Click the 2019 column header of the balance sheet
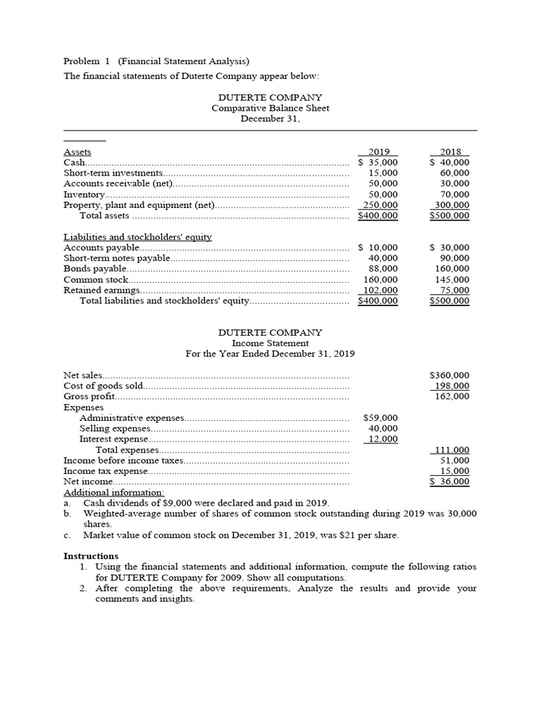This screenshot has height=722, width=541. (378, 152)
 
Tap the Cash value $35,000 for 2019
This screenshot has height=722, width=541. (378, 162)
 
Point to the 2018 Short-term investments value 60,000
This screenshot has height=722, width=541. (454, 173)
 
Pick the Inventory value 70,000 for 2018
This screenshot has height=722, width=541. (454, 194)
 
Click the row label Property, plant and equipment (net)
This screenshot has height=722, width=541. (139, 205)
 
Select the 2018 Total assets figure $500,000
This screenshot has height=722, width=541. (449, 216)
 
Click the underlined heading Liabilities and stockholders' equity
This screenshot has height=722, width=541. (137, 237)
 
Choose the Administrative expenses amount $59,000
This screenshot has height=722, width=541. (380, 418)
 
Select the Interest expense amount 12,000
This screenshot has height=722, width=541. (383, 439)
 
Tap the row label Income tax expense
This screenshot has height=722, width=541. (106, 471)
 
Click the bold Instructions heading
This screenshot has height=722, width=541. (91, 556)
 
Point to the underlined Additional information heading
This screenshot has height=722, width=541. (114, 492)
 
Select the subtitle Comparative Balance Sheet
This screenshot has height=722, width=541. (270, 108)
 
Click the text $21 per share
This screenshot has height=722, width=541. (371, 535)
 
